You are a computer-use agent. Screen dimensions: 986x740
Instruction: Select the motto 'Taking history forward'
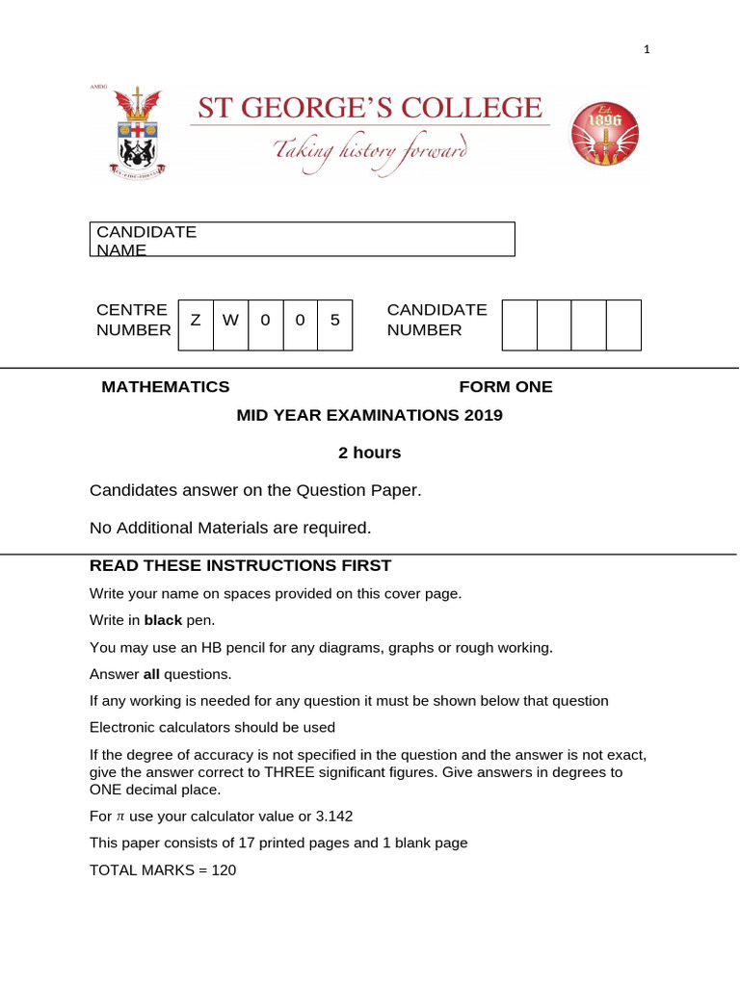[x=371, y=151]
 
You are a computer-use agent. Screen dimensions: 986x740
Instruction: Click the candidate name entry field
[x=302, y=239]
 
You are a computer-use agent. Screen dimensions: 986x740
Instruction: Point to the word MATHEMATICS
[x=166, y=387]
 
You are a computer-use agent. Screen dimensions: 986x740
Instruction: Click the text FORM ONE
[x=506, y=387]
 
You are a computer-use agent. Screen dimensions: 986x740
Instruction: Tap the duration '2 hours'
[x=369, y=453]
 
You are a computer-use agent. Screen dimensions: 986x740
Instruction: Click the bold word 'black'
[x=163, y=619]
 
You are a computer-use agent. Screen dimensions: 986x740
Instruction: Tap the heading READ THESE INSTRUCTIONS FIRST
[x=240, y=565]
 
